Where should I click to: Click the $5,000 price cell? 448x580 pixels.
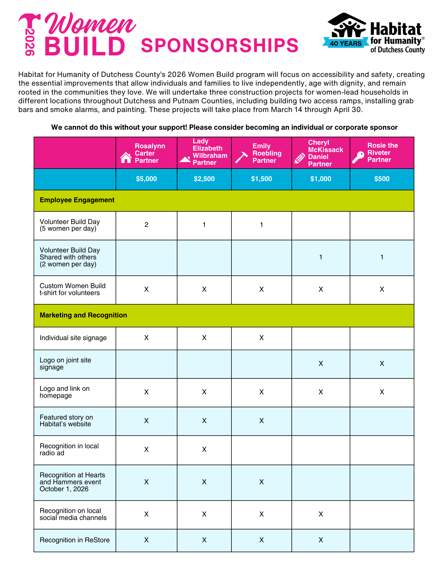point(146,179)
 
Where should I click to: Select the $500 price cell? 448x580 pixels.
point(382,179)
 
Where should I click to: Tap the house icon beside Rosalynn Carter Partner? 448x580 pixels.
point(126,158)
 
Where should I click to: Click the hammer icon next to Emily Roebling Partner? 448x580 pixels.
point(241,157)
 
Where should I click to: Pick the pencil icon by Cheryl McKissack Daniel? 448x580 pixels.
point(300,158)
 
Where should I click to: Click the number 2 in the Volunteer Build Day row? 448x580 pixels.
point(146,225)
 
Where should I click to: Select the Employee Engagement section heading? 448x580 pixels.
point(77,200)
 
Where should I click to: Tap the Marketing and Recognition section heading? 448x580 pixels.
point(83,315)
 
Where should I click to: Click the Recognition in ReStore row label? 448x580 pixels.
point(75,540)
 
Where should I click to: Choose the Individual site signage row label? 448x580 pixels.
point(73,338)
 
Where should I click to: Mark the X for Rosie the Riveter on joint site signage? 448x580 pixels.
point(382,364)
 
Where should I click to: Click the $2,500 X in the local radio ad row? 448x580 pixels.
point(204,449)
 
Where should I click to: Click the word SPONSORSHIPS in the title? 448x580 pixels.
point(220,46)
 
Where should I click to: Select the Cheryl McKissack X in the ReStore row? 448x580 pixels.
point(321,540)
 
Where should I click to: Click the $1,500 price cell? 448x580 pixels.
point(262,179)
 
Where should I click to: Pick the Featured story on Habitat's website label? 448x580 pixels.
point(66,421)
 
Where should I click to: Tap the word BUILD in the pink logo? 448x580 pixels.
point(85,46)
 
